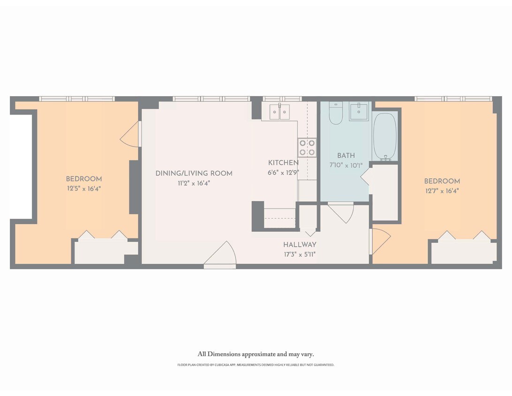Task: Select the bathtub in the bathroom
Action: tap(385, 136)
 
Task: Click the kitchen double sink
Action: tap(279, 112)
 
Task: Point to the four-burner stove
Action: tap(307, 147)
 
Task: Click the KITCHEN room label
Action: tap(283, 163)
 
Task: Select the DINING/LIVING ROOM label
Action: tap(194, 174)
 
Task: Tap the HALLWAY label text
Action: tap(300, 245)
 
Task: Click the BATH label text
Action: tap(346, 156)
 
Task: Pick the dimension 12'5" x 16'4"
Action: tap(83, 189)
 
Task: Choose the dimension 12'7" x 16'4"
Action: tap(442, 191)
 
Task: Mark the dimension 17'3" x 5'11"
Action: tap(300, 255)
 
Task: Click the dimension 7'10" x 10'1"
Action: tap(346, 165)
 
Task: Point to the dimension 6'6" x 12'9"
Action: tap(283, 172)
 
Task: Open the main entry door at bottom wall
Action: tap(219, 256)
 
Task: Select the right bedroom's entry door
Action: tap(379, 241)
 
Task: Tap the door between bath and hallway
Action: tap(341, 212)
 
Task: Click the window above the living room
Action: tap(211, 99)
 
